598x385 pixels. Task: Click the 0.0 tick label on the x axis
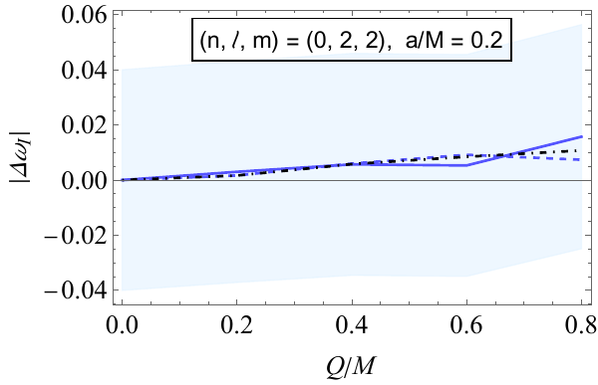pos(122,324)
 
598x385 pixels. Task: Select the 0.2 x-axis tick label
pos(236,324)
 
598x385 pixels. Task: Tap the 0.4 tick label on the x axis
pos(352,324)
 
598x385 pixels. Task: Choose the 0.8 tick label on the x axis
pos(581,324)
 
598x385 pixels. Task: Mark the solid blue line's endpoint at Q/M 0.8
pos(581,136)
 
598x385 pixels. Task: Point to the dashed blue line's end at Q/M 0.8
pos(581,159)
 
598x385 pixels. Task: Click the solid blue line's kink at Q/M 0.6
pos(466,165)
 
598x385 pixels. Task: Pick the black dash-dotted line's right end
pos(581,150)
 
